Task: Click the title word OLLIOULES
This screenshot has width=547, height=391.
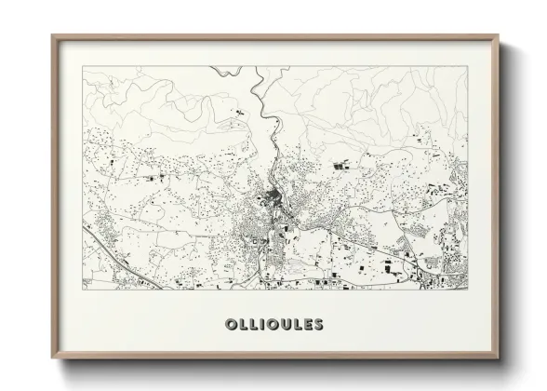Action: point(273,325)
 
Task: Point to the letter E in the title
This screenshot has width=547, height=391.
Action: point(308,325)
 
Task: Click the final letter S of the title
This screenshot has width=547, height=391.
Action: point(319,325)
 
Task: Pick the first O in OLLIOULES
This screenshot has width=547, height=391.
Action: point(230,325)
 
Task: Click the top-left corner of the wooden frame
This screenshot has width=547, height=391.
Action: point(53,36)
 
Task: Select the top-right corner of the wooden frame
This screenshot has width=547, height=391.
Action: point(499,36)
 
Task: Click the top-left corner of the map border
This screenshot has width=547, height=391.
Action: point(83,66)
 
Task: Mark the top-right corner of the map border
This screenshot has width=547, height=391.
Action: point(468,66)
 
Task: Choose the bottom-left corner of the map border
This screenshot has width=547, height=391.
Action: point(83,290)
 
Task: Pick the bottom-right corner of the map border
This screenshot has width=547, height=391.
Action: point(468,290)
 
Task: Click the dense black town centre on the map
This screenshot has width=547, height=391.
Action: point(272,196)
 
